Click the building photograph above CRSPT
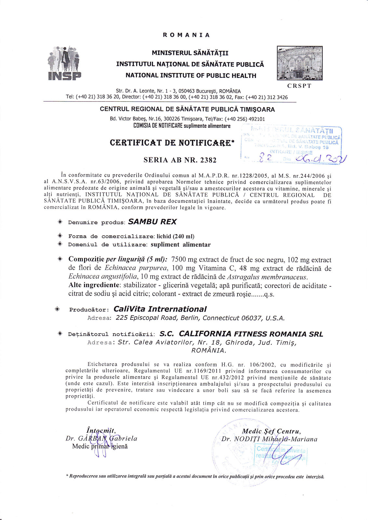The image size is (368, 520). tap(300, 63)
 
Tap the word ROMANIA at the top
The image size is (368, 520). tap(186, 35)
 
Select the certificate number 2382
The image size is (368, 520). tap(208, 160)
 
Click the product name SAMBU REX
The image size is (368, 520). tap(152, 222)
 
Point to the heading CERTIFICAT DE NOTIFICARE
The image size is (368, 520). tap(172, 143)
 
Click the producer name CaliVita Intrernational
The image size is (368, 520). tap(160, 309)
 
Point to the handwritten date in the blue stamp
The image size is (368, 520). tap(320, 159)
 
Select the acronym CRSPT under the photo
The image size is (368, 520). tap(299, 86)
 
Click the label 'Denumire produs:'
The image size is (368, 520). tap(97, 223)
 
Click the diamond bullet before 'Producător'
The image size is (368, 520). tap(58, 309)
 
